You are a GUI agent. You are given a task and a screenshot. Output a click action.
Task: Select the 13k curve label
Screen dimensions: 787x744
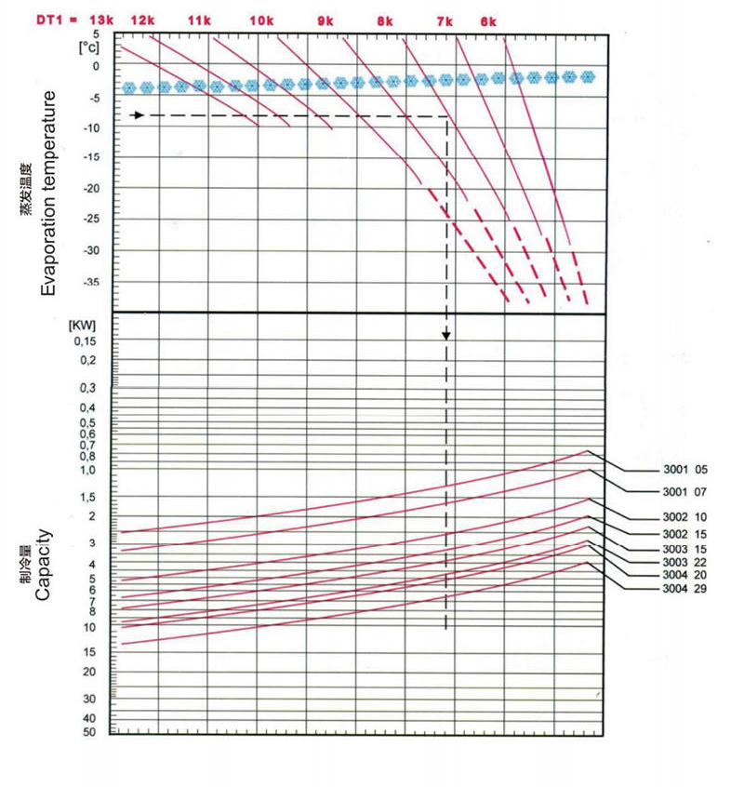(101, 20)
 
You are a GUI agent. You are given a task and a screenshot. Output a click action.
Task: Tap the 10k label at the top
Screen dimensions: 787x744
(261, 20)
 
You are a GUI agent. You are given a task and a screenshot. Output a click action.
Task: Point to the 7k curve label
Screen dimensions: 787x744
(445, 20)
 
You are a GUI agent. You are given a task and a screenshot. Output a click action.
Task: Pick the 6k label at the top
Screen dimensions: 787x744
(489, 20)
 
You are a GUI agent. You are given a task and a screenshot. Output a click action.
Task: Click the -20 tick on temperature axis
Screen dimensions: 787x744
(90, 189)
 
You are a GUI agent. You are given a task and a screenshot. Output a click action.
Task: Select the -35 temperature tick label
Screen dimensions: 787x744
(90, 282)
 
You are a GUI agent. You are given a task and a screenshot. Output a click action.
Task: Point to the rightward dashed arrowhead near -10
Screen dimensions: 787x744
(139, 115)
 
